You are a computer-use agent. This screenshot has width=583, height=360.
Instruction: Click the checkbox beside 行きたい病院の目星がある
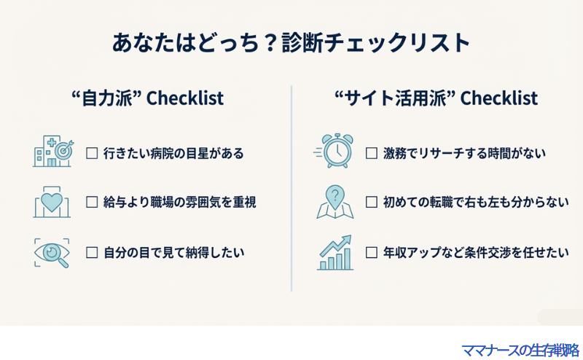tap(92, 154)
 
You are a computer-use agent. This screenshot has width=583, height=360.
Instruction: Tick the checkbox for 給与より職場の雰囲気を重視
tap(92, 203)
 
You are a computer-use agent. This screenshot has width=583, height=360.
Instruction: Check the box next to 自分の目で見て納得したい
tap(92, 253)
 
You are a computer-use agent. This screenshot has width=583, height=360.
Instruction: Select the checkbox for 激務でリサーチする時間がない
tap(371, 154)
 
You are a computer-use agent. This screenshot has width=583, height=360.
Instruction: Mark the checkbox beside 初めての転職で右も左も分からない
tap(371, 203)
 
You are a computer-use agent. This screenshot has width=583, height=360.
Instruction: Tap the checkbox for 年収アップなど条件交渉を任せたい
tap(371, 253)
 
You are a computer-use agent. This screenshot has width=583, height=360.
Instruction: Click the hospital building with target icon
tap(52, 152)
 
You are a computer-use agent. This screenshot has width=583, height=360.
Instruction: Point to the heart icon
tap(52, 202)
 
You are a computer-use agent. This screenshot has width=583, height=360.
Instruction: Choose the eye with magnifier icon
tap(52, 252)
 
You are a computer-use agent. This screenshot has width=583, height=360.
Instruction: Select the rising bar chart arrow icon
tap(335, 252)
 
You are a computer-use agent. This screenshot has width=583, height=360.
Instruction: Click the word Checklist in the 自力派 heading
tap(185, 98)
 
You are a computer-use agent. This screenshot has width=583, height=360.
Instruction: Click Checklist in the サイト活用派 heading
tap(500, 98)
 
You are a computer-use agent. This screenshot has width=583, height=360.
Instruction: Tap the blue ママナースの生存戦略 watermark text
tap(520, 350)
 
